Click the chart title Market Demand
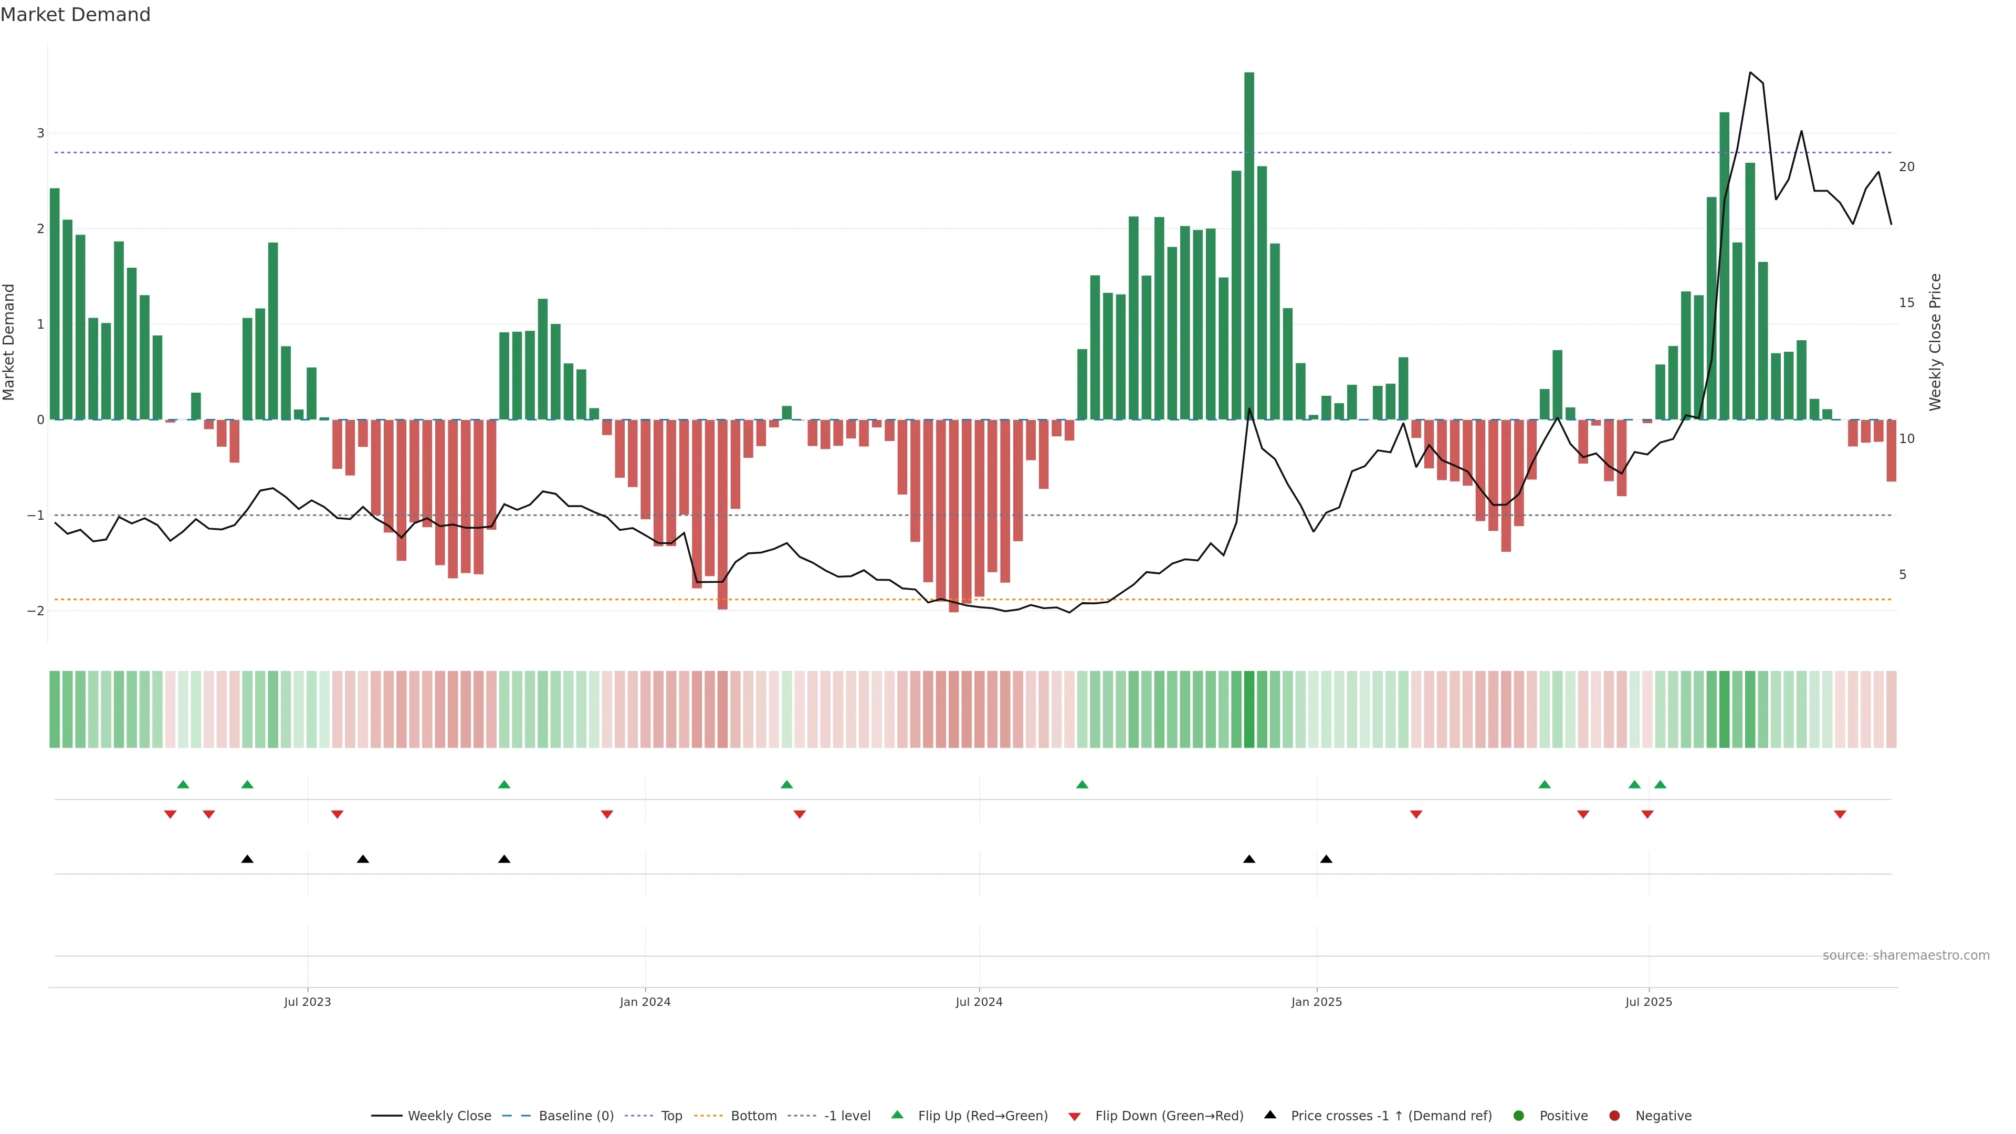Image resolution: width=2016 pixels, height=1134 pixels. (75, 15)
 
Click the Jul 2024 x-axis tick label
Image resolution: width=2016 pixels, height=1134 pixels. (978, 1002)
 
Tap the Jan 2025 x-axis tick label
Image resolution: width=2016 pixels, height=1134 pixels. (1316, 1002)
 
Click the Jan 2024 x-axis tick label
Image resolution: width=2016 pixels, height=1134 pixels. (645, 1002)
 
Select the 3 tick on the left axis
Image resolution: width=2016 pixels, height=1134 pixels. (41, 133)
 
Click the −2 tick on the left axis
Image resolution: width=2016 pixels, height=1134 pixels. (36, 611)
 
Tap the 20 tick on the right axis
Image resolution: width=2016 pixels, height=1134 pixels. (1906, 167)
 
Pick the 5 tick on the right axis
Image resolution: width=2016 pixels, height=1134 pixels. (1903, 574)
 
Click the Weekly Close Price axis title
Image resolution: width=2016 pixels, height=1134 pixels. (1935, 342)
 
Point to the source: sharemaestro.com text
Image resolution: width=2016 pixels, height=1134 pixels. (1906, 955)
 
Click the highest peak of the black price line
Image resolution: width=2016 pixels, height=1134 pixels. (1750, 73)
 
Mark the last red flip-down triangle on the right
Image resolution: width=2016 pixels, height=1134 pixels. (1840, 815)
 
